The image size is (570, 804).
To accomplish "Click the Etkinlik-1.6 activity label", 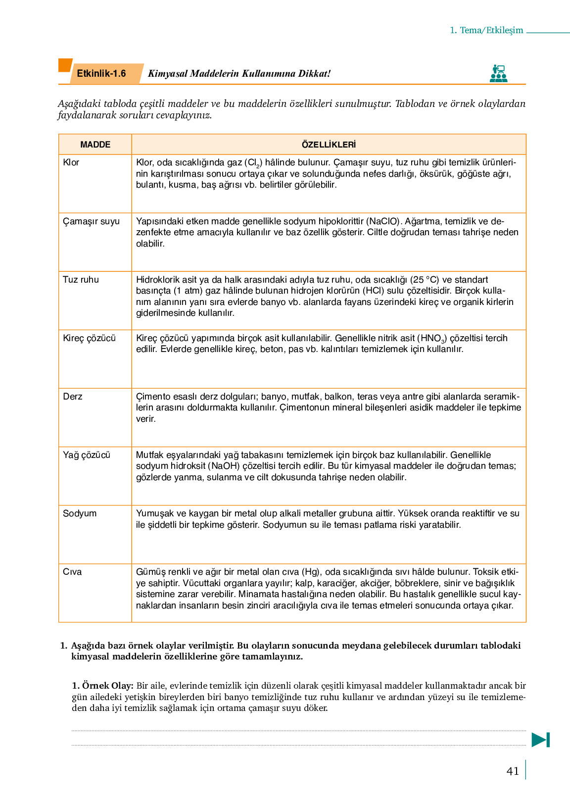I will (x=101, y=74).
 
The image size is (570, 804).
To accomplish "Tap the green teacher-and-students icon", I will (x=498, y=73).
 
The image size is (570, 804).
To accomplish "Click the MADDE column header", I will (x=95, y=145).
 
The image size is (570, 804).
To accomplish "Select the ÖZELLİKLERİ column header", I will (x=329, y=145).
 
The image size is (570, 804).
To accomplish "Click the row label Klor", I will (x=71, y=162).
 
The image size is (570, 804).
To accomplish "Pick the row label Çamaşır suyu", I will (x=91, y=221).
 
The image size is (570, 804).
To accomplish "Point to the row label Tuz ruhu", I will (x=81, y=280).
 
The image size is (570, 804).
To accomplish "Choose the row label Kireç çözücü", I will (x=89, y=338).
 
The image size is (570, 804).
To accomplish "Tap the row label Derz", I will (x=73, y=397).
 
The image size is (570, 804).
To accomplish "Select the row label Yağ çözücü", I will (x=87, y=455).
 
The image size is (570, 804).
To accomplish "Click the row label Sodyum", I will (x=80, y=513).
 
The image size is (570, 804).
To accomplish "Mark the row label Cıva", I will (x=72, y=572).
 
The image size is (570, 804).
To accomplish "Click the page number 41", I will (x=513, y=771).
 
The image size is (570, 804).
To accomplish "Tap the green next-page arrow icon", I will (x=540, y=740).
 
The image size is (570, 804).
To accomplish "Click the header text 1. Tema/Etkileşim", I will (x=486, y=30).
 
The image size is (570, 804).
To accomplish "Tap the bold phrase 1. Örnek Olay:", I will (x=102, y=686).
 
